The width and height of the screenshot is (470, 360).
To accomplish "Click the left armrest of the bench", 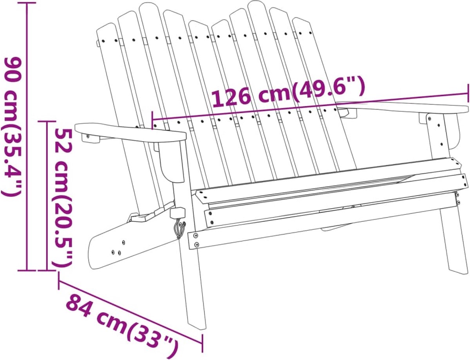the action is point(130,133).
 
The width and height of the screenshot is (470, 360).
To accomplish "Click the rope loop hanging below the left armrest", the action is point(179,229).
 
